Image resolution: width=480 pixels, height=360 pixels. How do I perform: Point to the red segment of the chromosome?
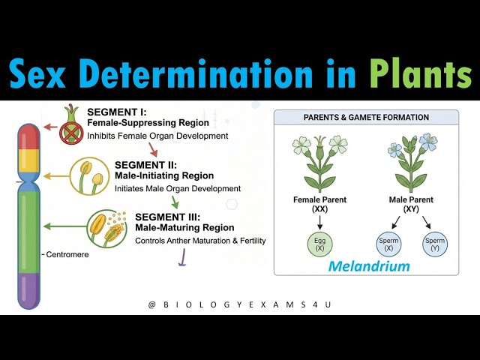(28, 139)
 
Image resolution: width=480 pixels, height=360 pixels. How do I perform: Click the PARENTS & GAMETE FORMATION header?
(366, 118)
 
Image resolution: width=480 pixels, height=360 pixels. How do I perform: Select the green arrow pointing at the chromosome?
(62, 225)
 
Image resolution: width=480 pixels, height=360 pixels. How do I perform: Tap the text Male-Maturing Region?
(184, 227)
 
